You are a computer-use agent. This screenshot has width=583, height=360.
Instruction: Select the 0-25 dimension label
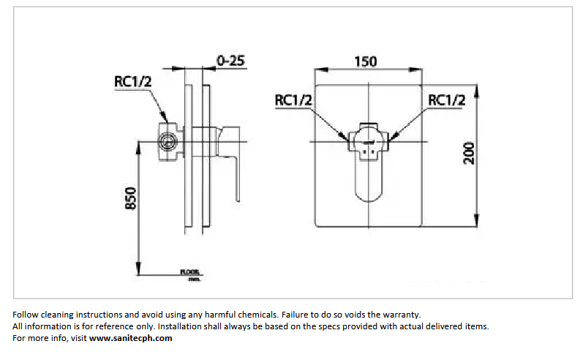point(230,61)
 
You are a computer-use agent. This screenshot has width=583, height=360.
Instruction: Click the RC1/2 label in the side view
point(133,81)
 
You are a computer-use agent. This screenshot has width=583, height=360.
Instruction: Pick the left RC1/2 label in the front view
point(294,100)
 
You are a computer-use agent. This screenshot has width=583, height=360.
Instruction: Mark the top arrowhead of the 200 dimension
point(478,89)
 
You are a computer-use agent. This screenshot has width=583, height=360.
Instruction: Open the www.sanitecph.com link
point(131,338)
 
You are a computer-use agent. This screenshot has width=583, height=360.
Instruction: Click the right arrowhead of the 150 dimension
point(420,71)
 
